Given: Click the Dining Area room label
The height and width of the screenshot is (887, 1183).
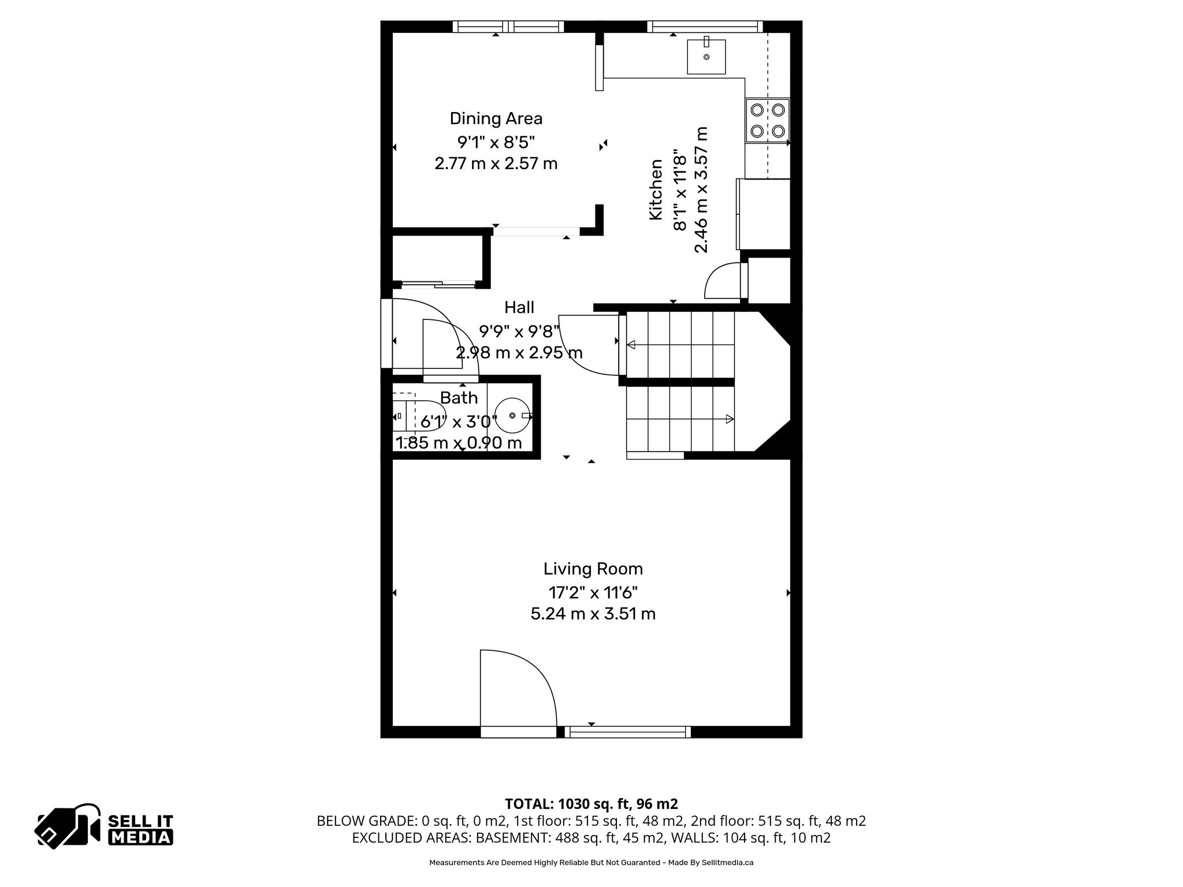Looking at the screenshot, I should click(496, 118).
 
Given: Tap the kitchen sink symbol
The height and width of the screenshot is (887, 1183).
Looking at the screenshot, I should click(706, 57).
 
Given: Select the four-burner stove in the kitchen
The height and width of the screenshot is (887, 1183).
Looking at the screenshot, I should click(767, 121).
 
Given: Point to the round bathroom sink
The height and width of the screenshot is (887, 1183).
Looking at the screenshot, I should click(513, 416).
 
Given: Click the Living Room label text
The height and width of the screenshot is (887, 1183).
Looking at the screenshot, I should click(593, 569).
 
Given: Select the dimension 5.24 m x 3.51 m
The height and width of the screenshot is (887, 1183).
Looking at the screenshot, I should click(593, 613).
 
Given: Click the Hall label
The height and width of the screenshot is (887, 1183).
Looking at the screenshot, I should click(519, 307).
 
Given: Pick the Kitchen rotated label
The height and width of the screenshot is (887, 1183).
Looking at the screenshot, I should click(656, 189).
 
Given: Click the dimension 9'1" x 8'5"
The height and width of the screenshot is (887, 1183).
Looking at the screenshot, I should click(496, 141).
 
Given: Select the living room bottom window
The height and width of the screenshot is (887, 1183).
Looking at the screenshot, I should click(627, 732).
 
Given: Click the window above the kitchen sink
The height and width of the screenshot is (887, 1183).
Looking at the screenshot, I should click(705, 27).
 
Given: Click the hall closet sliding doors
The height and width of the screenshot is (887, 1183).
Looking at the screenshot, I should click(438, 284).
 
